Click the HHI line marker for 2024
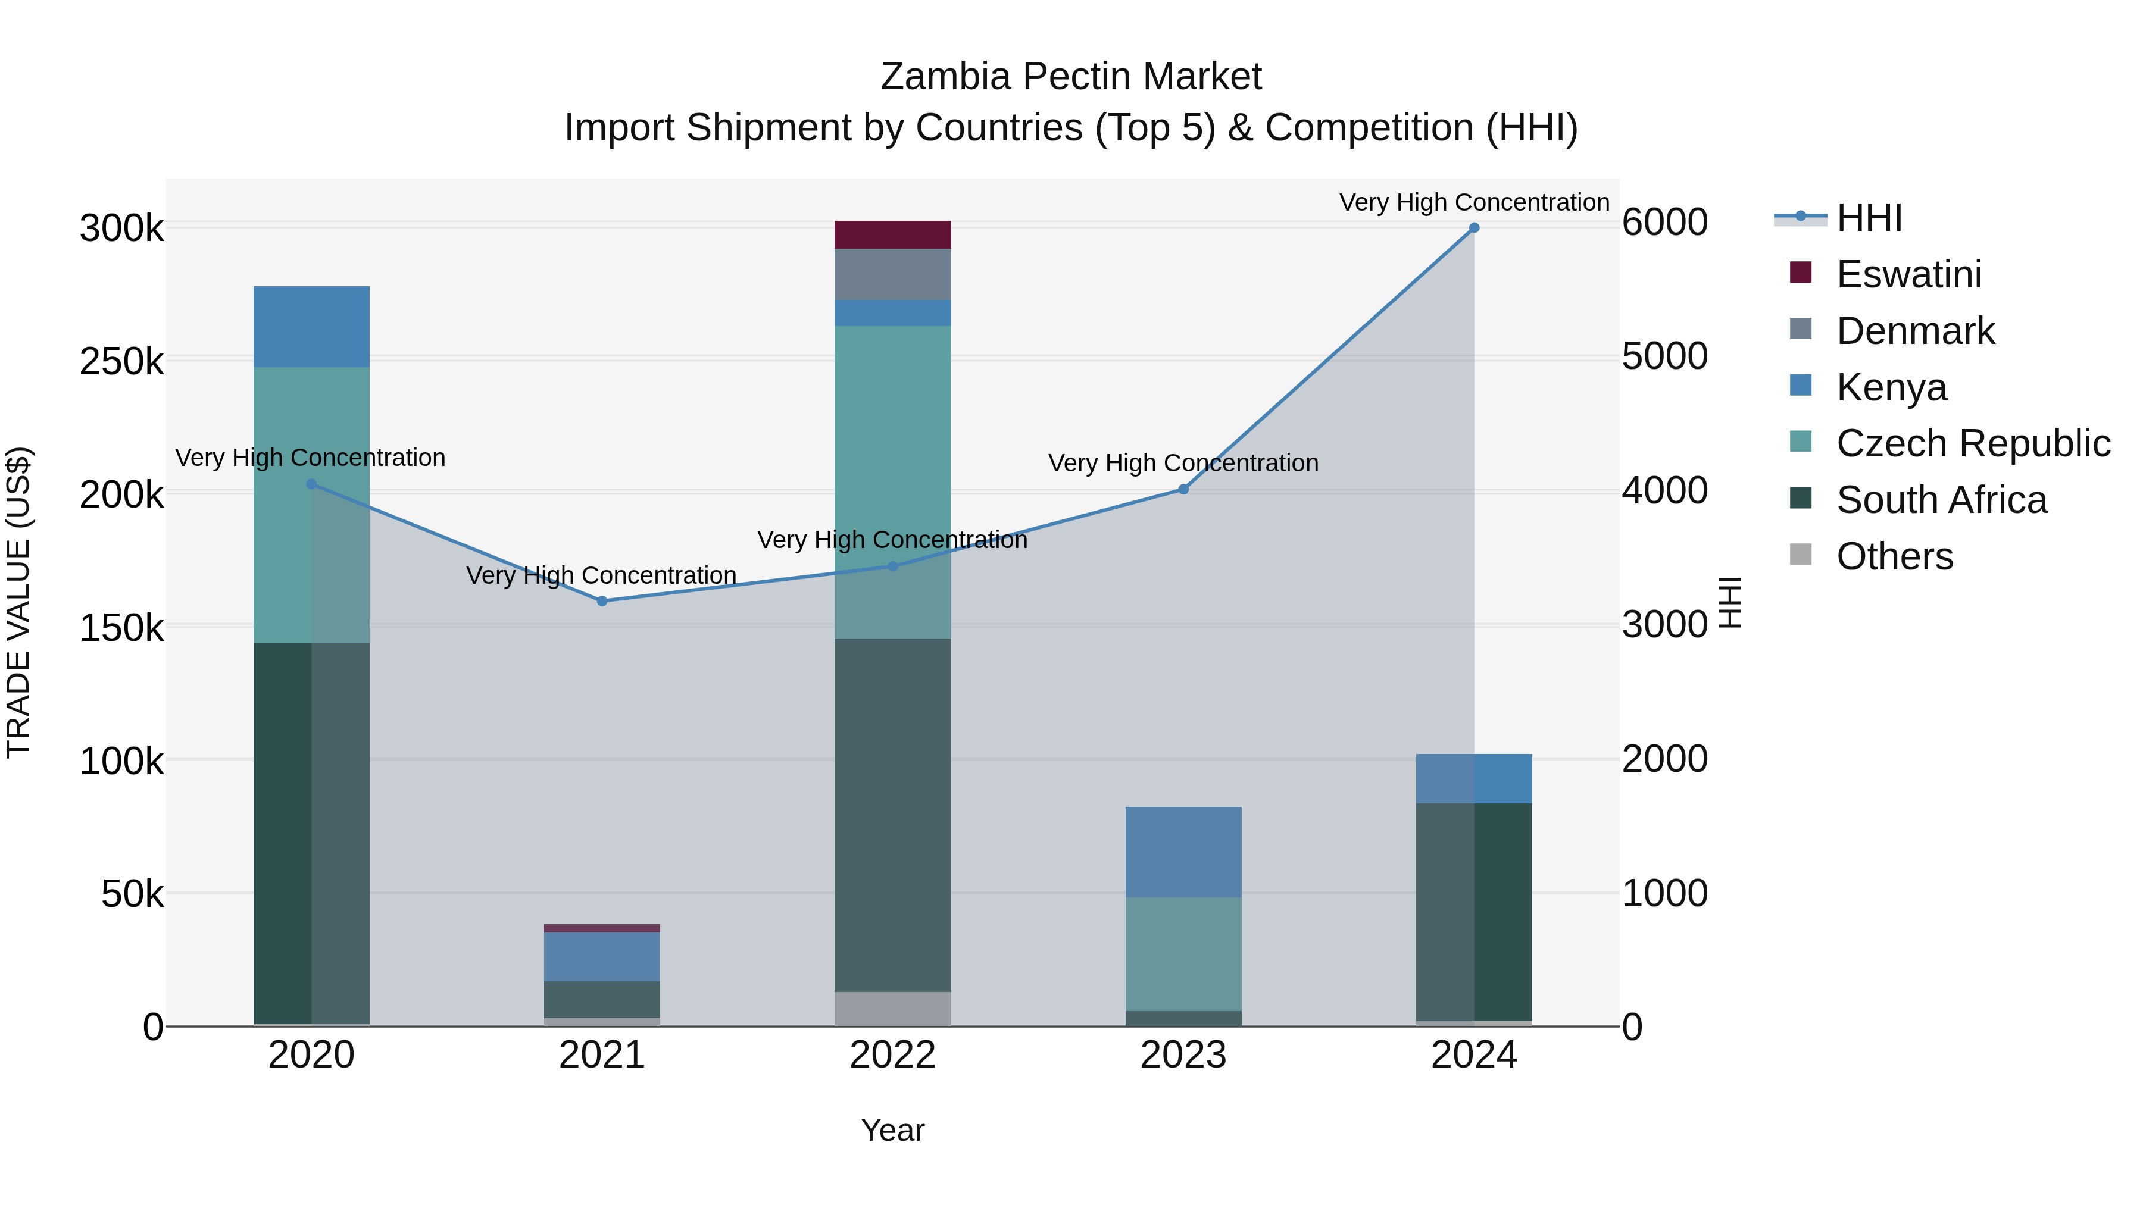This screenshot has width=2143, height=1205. click(1473, 228)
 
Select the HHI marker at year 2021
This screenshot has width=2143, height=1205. click(602, 600)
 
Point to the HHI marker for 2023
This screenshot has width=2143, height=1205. click(1183, 489)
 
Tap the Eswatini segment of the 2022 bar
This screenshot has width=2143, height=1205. click(893, 234)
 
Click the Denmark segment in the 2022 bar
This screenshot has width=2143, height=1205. click(893, 274)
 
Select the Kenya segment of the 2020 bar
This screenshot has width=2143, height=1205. click(311, 327)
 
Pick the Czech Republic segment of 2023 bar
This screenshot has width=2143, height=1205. click(1183, 954)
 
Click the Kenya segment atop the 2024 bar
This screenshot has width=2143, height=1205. click(1473, 778)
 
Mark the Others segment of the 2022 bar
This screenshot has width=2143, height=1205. click(893, 1009)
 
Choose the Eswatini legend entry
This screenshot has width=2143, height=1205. click(1909, 274)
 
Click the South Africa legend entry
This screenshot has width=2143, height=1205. click(1942, 500)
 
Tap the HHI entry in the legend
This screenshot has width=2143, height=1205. click(1869, 218)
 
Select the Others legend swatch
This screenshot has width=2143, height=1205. click(1800, 555)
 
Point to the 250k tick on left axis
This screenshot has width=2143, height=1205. click(121, 362)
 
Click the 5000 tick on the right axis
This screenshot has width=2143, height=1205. click(1664, 357)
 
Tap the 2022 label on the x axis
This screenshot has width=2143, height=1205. click(893, 1055)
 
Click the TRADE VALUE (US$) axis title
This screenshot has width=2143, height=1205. click(18, 602)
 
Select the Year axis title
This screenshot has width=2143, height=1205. click(893, 1130)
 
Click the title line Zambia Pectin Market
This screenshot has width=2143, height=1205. click(1071, 77)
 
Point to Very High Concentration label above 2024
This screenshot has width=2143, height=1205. click(1473, 202)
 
